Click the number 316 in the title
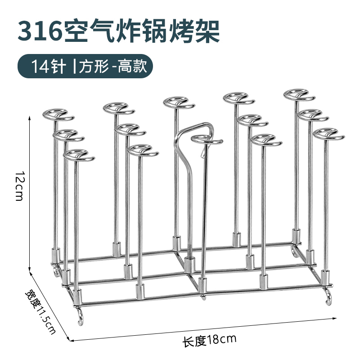(x=41, y=31)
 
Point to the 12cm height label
(x=18, y=186)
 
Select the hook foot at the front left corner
(x=80, y=315)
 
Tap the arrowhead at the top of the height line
(x=30, y=117)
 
